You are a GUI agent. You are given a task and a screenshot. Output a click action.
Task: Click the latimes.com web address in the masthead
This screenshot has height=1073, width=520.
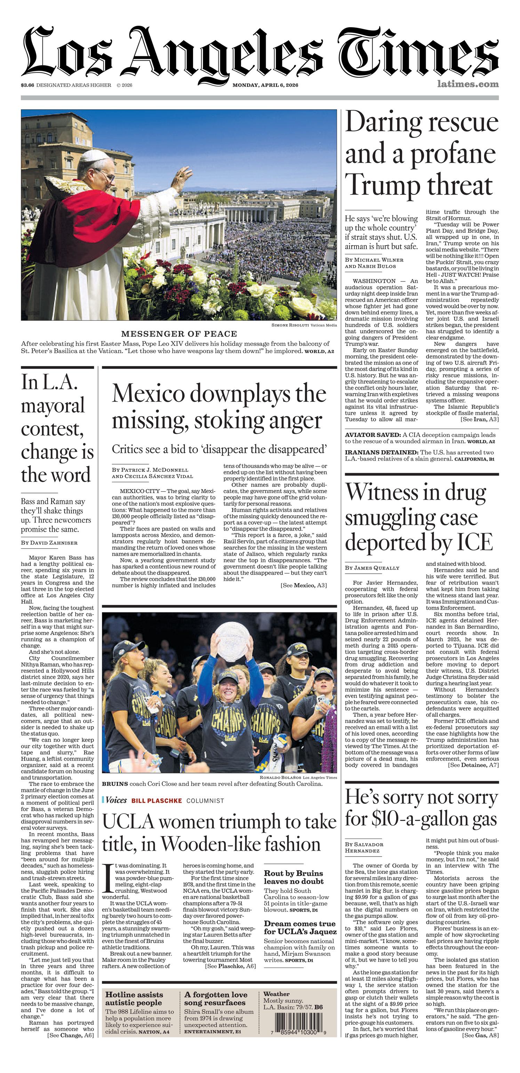[x=467, y=84]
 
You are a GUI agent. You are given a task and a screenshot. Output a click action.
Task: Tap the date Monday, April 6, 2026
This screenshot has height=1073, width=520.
[x=265, y=85]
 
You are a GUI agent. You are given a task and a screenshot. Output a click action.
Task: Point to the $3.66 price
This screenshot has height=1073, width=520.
[x=27, y=85]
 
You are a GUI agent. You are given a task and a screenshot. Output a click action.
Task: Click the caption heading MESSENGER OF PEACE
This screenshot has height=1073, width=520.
[x=179, y=334]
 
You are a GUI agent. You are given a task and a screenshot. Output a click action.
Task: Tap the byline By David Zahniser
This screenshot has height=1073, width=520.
[x=49, y=543]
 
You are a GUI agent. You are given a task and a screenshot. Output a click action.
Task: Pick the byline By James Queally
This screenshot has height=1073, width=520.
[x=372, y=568]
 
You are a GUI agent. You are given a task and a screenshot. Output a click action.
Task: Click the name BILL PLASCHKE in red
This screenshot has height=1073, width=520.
[x=157, y=801]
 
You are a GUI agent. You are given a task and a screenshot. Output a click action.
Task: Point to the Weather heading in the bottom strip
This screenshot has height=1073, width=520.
[x=277, y=994]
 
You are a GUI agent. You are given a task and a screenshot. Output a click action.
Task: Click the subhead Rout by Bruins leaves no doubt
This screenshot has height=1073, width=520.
[x=294, y=877]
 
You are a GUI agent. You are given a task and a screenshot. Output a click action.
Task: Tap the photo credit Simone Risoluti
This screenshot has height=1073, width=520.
[x=290, y=325]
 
